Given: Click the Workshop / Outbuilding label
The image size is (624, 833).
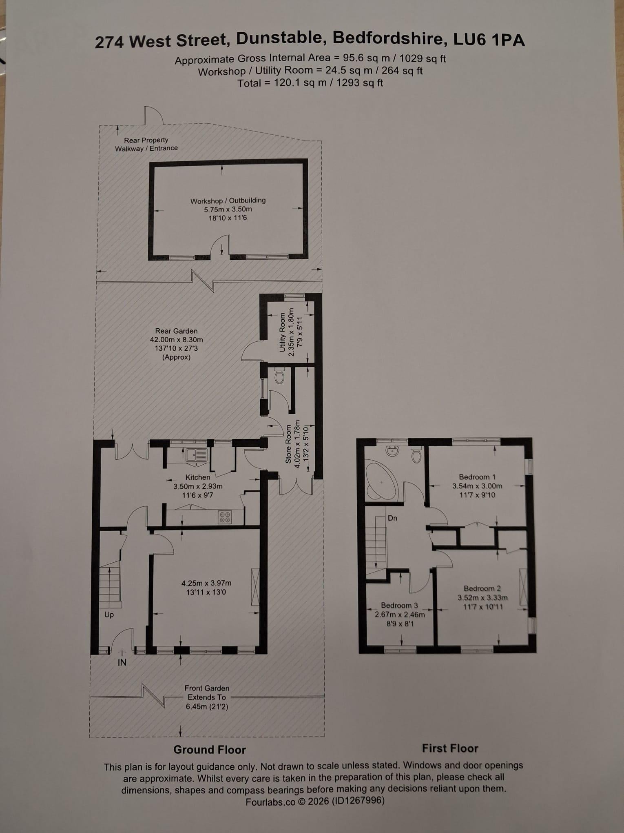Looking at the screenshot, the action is [x=228, y=200].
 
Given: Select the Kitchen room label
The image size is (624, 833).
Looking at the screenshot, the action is [x=198, y=477].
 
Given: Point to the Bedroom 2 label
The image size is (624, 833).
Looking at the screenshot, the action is [x=482, y=588].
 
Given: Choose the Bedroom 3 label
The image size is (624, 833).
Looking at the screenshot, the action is [x=399, y=606].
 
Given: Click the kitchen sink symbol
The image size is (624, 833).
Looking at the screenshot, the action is [x=197, y=455].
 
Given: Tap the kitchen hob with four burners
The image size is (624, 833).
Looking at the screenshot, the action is [x=225, y=517].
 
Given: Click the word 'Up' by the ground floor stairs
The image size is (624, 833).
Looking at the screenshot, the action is [x=109, y=615].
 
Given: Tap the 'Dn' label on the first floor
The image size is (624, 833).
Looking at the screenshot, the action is [x=392, y=518].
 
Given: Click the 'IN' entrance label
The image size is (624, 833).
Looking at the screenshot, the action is [x=122, y=663].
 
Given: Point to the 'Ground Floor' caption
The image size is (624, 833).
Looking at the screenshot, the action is [x=210, y=750].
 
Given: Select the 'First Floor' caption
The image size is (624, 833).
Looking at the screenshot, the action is [x=450, y=748].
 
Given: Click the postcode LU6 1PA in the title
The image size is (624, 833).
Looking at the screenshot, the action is [x=489, y=40].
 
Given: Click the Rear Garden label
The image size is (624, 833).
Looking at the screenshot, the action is [x=176, y=331].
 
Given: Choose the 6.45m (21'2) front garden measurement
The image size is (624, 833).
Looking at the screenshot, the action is [x=207, y=706].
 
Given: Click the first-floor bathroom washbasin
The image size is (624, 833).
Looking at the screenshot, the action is [x=394, y=452].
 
